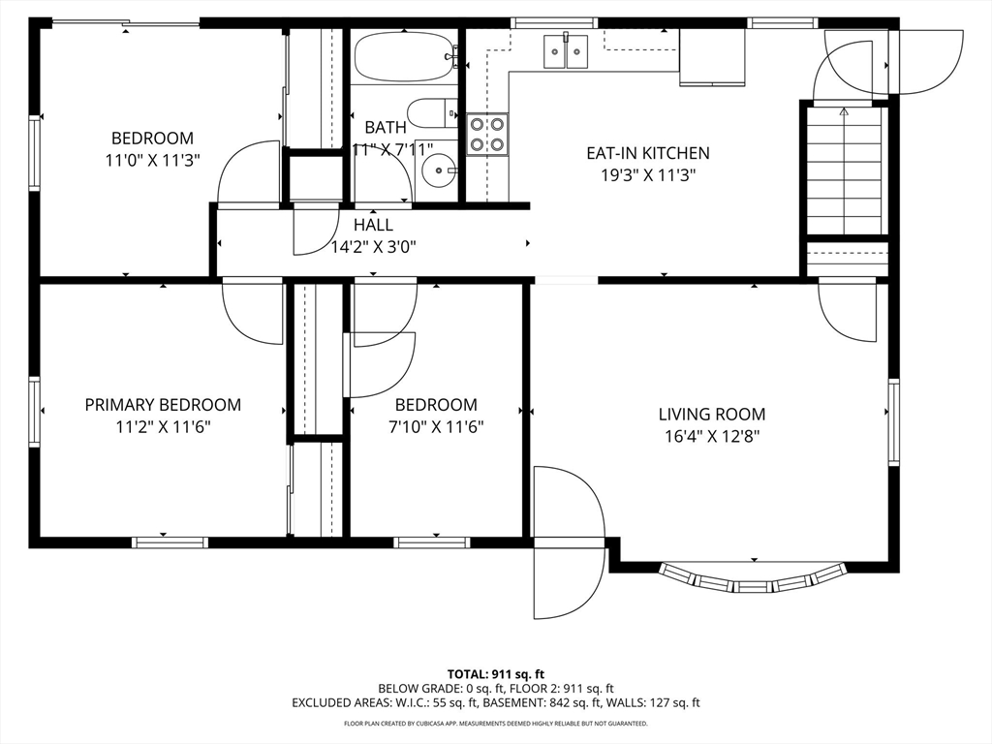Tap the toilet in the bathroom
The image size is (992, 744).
(x=432, y=114)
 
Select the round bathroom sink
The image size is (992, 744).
(x=437, y=170)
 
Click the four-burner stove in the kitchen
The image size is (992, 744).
(x=487, y=134)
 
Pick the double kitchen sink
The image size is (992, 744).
(x=566, y=50)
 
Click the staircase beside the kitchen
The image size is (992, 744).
(x=844, y=170)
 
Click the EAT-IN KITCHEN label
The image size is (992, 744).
(x=648, y=153)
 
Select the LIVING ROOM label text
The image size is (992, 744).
(x=712, y=415)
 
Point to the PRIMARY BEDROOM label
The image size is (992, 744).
(x=163, y=405)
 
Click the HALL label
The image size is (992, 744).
(x=373, y=225)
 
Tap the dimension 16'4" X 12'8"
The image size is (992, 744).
(x=712, y=437)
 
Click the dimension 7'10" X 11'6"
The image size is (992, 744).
(x=436, y=427)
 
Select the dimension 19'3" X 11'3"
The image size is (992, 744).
(x=648, y=175)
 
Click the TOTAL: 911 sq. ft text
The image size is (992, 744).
(x=496, y=674)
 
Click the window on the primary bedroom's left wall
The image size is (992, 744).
(x=34, y=413)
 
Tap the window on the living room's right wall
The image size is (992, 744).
(x=893, y=422)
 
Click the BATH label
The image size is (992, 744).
(x=386, y=128)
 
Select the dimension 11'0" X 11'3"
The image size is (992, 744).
(x=152, y=161)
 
